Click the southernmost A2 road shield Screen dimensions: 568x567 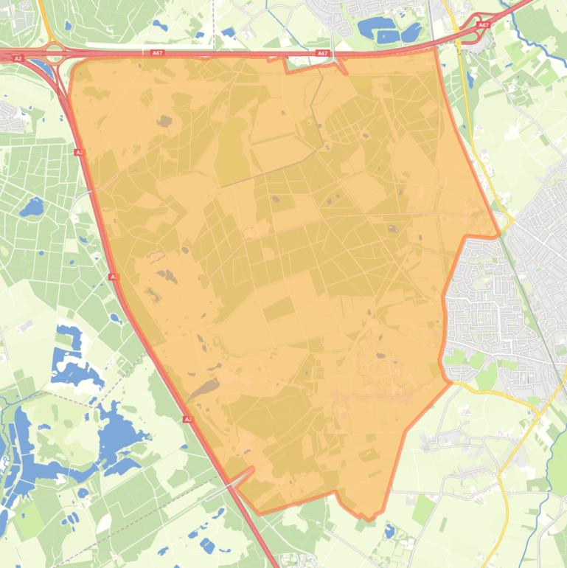coord(187,419)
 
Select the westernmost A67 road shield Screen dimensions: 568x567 coord(156,53)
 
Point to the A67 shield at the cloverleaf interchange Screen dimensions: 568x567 coord(483,25)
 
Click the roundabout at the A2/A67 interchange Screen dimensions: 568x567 coord(54,52)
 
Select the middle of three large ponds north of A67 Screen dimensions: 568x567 coord(386,34)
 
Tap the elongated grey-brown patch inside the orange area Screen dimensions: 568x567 coord(203,390)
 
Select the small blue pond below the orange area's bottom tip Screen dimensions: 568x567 coord(389,530)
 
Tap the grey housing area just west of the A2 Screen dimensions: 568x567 coord(9,114)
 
